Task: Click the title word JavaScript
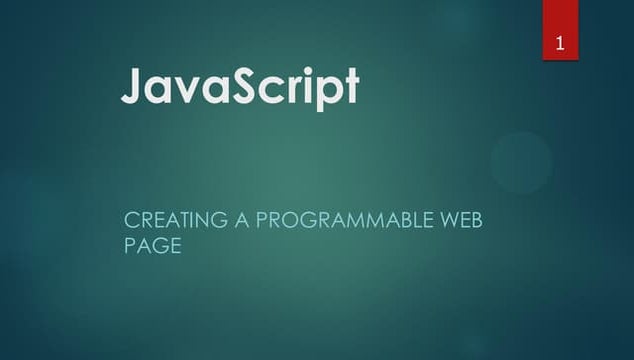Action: (240, 88)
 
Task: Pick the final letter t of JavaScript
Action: (349, 88)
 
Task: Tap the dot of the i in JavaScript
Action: (304, 72)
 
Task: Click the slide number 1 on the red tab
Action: (561, 43)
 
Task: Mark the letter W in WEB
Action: (449, 220)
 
